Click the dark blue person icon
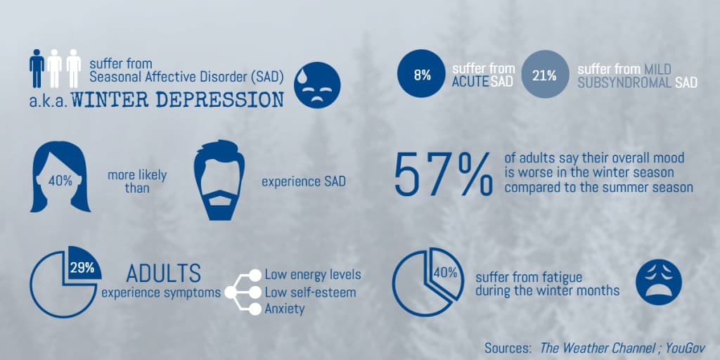pos(37,68)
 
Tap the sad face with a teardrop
pos(317,85)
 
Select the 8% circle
pos(422,74)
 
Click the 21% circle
pos(545,74)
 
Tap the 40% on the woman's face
pos(60,181)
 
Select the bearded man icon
pos(219,180)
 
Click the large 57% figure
pos(444,175)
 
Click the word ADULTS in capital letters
pos(163,274)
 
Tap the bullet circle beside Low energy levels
pos(255,275)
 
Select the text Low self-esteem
pos(310,292)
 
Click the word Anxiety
pos(284,309)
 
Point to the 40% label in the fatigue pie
pos(445,273)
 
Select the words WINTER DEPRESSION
pos(177,100)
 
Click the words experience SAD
pos(304,182)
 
